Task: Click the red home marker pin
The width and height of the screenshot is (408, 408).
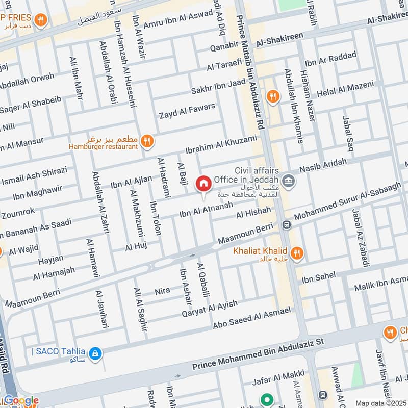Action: coord(203,184)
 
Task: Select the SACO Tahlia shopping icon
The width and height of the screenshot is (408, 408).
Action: coord(94,352)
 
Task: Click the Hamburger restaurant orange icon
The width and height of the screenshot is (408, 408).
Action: coord(147,141)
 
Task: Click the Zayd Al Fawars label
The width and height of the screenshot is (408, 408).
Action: coord(187,111)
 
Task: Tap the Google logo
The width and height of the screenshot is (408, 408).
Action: coord(20,400)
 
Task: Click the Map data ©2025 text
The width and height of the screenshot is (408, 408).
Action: coord(380,403)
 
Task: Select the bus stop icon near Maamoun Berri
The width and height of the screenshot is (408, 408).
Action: coord(287,224)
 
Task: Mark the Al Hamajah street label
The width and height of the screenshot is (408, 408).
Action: coord(54,274)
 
